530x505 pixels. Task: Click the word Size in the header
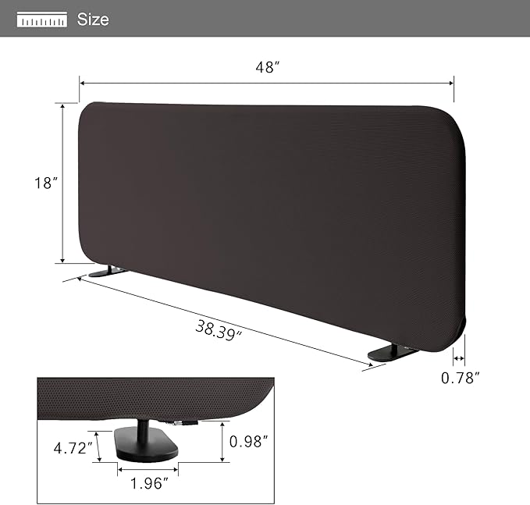pyautogui.click(x=93, y=19)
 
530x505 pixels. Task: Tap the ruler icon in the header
pyautogui.click(x=42, y=20)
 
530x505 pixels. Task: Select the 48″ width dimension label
pyautogui.click(x=267, y=68)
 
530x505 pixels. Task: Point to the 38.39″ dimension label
pyautogui.click(x=219, y=332)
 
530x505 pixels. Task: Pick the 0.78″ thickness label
pyautogui.click(x=460, y=379)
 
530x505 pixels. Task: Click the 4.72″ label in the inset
pyautogui.click(x=73, y=449)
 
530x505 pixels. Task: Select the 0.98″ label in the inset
pyautogui.click(x=250, y=441)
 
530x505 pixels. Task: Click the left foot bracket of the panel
pyautogui.click(x=106, y=272)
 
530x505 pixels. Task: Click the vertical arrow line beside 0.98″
pyautogui.click(x=223, y=441)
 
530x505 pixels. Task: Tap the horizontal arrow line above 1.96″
pyautogui.click(x=148, y=469)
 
